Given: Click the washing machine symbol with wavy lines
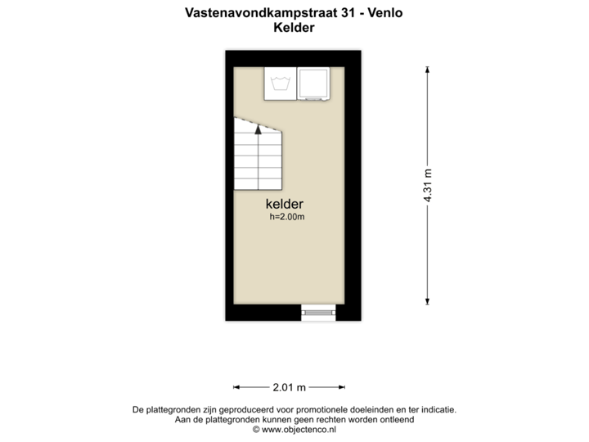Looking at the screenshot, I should [x=281, y=83].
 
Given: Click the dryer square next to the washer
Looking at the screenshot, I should [x=312, y=83].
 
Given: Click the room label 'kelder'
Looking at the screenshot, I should [x=285, y=204].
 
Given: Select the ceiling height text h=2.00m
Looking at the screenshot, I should [x=287, y=218].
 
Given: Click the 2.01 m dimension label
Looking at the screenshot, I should [x=289, y=386].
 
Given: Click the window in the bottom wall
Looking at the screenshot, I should [x=317, y=311].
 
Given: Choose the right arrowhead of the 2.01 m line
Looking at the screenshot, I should [x=341, y=386].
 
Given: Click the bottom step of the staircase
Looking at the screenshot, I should [x=258, y=183].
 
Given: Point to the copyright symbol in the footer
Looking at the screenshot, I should [x=256, y=429].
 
